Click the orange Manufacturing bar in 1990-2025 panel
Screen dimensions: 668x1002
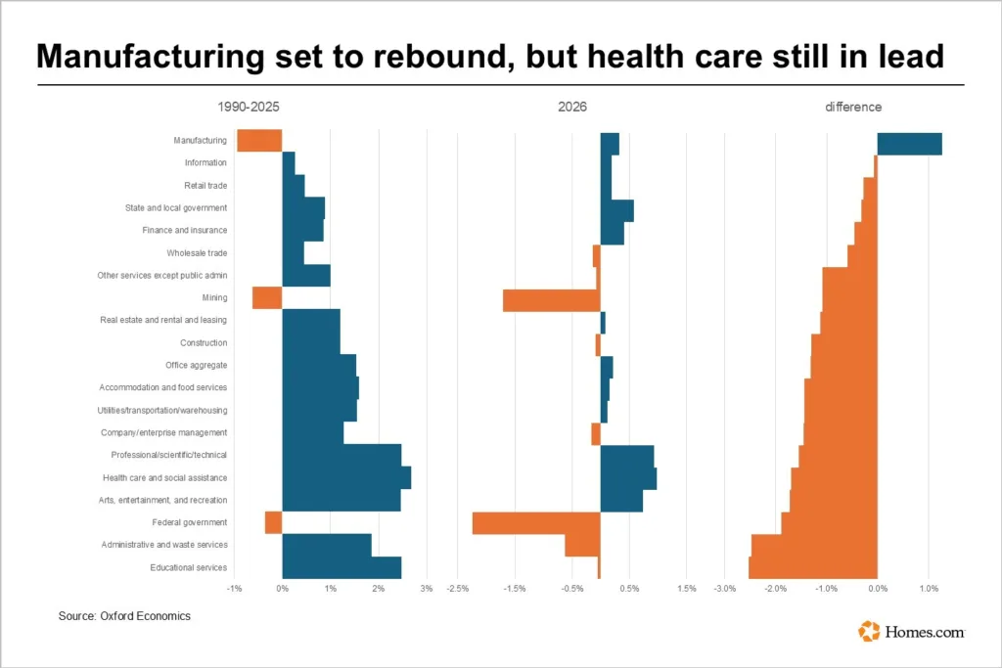pyautogui.click(x=259, y=141)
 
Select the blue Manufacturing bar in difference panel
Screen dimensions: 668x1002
pyautogui.click(x=909, y=144)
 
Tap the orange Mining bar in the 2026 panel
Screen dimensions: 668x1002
pyautogui.click(x=551, y=300)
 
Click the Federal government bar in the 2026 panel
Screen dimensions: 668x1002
pyautogui.click(x=535, y=523)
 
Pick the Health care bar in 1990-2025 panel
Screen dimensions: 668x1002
pyautogui.click(x=346, y=477)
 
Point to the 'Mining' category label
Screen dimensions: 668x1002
pyautogui.click(x=215, y=298)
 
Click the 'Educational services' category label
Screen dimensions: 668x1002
pyautogui.click(x=189, y=567)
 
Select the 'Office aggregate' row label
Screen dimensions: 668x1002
pyautogui.click(x=197, y=366)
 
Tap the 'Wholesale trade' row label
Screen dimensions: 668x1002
pyautogui.click(x=197, y=253)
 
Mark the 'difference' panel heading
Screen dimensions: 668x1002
pyautogui.click(x=853, y=107)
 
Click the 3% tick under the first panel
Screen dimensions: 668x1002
pyautogui.click(x=426, y=589)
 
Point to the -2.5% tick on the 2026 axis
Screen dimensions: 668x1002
pyautogui.click(x=457, y=589)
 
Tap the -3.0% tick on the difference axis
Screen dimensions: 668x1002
pyautogui.click(x=724, y=589)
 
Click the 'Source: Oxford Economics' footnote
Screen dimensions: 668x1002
pyautogui.click(x=124, y=616)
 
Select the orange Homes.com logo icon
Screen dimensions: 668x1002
pyautogui.click(x=869, y=632)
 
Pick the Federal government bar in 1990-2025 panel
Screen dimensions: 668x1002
pyautogui.click(x=273, y=523)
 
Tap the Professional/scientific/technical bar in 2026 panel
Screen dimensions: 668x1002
pyautogui.click(x=626, y=456)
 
